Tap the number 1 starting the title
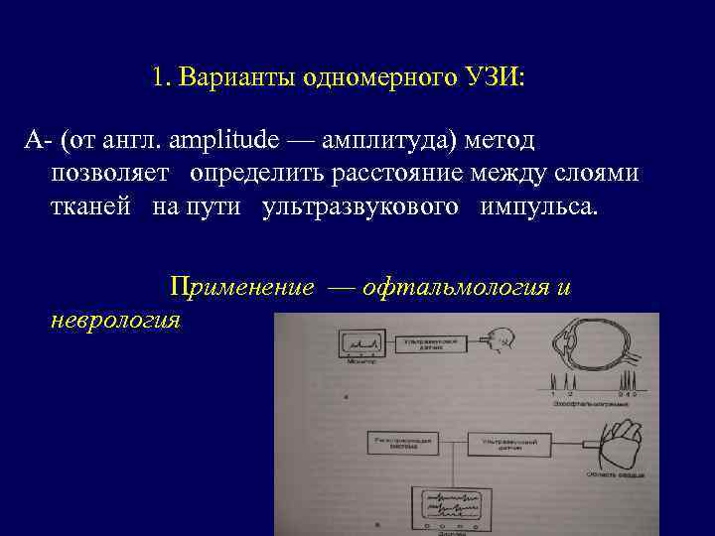[x=160, y=77]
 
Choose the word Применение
[x=242, y=288]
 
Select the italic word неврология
[x=115, y=320]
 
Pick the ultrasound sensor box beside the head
[x=435, y=342]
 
